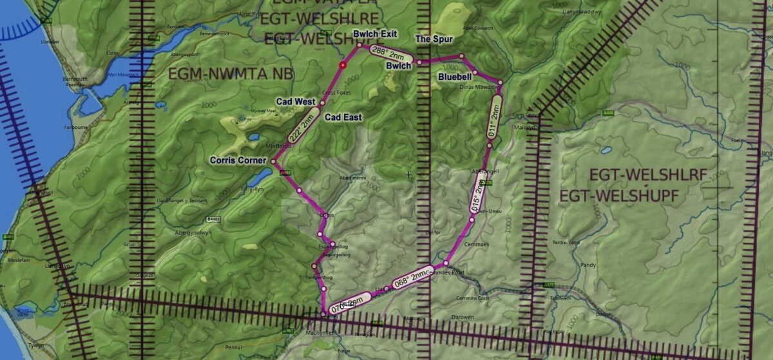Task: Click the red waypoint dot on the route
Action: point(343,65)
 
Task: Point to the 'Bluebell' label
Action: point(455,77)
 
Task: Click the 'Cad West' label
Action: point(295,102)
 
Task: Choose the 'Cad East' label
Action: point(343,117)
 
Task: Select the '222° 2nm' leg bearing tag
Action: point(303,127)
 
